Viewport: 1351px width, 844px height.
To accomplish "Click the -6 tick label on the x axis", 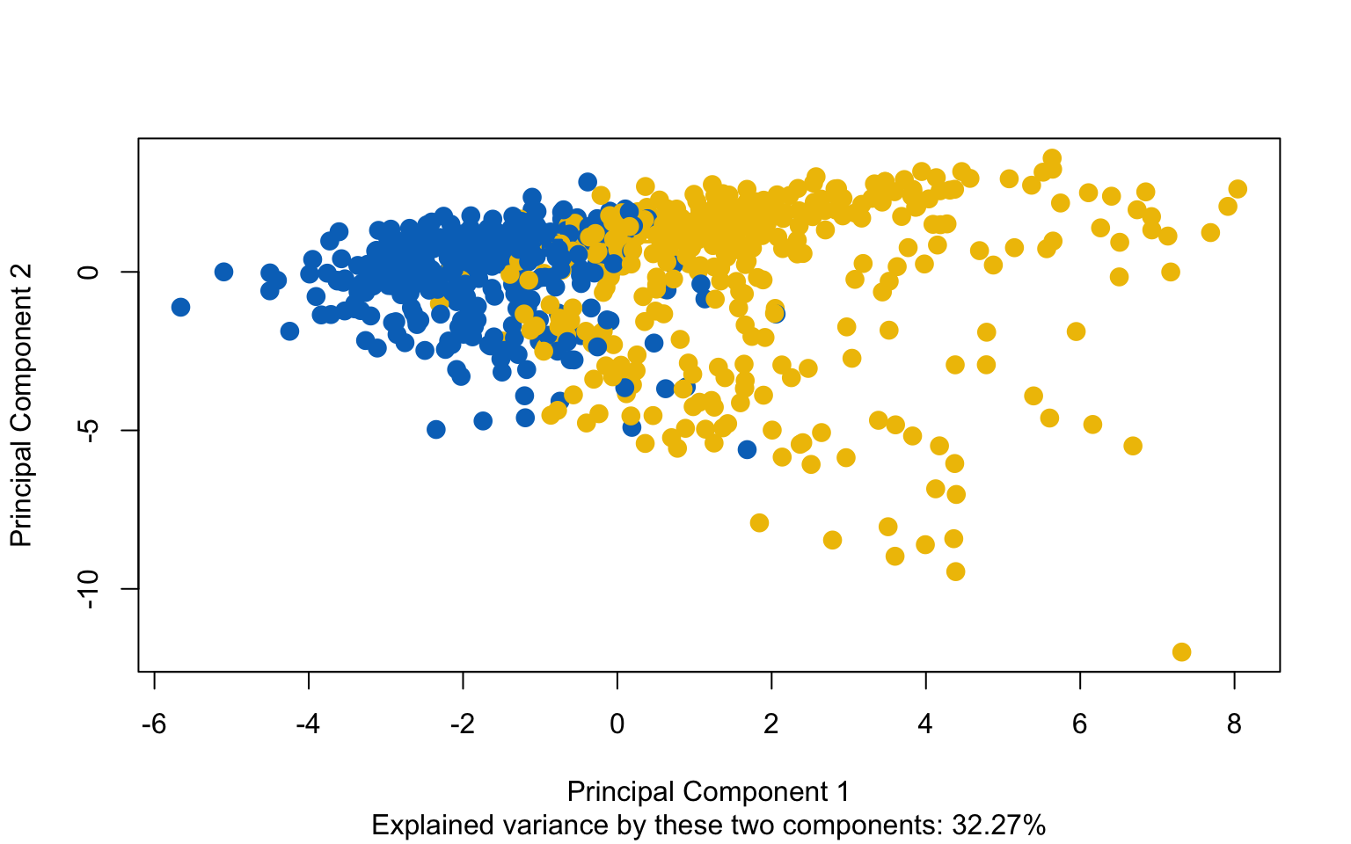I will click(x=154, y=724).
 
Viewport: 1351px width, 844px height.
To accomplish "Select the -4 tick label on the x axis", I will click(x=308, y=724).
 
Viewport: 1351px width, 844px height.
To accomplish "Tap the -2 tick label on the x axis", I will click(x=462, y=724).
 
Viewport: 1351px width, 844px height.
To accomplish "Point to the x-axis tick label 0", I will click(x=617, y=724).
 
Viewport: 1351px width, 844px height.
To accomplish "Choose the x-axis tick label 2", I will click(x=771, y=724).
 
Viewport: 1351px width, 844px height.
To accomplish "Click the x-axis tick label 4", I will click(x=925, y=724).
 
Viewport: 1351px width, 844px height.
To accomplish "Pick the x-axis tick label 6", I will click(x=1080, y=724).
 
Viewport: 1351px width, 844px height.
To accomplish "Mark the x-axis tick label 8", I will click(x=1234, y=724).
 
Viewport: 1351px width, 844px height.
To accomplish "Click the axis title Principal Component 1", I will click(x=708, y=791).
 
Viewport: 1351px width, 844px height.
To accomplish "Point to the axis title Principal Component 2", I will click(x=21, y=405).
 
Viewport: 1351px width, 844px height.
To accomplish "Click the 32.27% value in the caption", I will click(x=998, y=826).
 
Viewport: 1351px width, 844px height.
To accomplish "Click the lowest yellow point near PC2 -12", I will click(x=1181, y=651).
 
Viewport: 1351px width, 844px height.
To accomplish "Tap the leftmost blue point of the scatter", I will click(x=180, y=307).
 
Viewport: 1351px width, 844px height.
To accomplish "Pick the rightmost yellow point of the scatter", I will click(x=1238, y=189).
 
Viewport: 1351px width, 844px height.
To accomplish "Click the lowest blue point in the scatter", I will click(x=747, y=449).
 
